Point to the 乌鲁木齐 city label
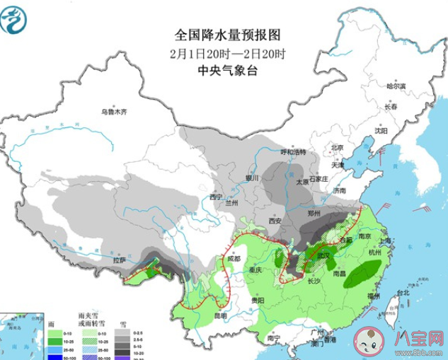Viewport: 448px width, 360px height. tap(113, 112)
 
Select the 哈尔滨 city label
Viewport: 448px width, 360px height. tap(396, 86)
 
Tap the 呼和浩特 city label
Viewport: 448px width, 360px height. tap(292, 152)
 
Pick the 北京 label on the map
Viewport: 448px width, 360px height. tap(338, 148)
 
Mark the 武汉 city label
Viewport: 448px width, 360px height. tap(323, 255)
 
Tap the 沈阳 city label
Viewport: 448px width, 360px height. tap(381, 131)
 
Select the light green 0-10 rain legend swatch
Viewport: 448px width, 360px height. tap(54, 334)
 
